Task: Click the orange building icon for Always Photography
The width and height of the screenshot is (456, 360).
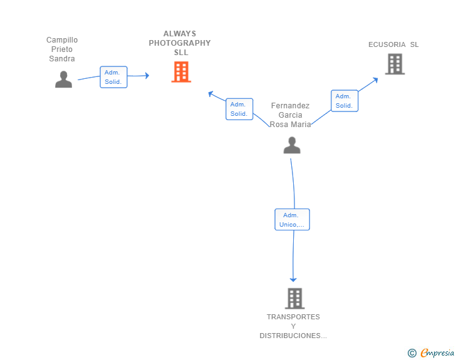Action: click(181, 72)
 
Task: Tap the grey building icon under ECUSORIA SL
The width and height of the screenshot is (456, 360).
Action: click(395, 64)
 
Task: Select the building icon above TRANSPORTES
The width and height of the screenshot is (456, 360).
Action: click(295, 299)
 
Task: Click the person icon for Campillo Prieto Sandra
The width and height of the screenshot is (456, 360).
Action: click(63, 80)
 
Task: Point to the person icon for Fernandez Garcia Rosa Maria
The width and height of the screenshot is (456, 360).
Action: click(292, 145)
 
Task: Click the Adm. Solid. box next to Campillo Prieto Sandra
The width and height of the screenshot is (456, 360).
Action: click(114, 77)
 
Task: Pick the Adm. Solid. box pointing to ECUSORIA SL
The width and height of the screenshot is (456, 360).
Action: click(345, 101)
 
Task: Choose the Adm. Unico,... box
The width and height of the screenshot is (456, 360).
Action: click(293, 220)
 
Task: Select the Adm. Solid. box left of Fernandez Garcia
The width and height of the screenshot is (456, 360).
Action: click(239, 109)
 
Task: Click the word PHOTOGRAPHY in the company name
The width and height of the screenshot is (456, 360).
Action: click(180, 43)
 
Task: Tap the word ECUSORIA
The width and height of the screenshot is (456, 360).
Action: click(387, 44)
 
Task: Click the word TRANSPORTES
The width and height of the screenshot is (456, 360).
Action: click(293, 317)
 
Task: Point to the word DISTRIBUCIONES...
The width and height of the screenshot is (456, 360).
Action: click(290, 336)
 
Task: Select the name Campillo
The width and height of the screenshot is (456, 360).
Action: click(62, 40)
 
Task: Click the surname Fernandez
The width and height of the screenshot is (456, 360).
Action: click(290, 106)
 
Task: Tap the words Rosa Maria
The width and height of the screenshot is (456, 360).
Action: click(290, 125)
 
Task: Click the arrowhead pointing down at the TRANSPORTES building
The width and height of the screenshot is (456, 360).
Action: click(293, 279)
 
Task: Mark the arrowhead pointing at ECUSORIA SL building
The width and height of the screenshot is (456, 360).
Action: click(375, 80)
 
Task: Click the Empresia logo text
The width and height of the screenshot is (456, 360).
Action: click(437, 352)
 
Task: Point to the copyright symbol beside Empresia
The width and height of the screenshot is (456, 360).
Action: click(412, 353)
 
